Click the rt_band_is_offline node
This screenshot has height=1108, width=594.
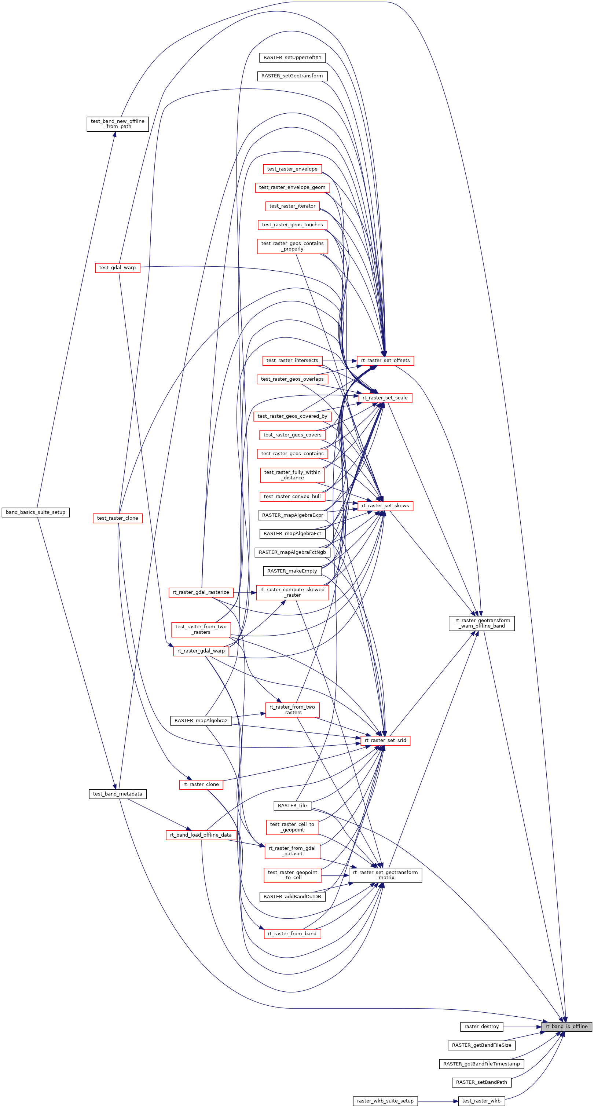pos(566,1026)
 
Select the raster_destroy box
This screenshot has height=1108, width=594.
pos(481,1026)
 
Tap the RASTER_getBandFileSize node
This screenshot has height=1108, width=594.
pos(481,1045)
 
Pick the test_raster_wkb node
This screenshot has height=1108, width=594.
pos(481,1101)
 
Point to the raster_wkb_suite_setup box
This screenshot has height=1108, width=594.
pos(385,1101)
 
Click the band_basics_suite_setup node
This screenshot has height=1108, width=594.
pos(36,512)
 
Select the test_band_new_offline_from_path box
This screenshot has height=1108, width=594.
pos(117,124)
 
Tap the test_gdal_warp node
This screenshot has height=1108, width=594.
pos(117,267)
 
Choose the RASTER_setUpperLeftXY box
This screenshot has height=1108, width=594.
pos(293,58)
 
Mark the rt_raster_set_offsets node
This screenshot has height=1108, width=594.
pos(385,361)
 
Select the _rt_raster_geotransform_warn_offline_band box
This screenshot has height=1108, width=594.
pos(481,623)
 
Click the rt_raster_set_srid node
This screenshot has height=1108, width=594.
pos(385,740)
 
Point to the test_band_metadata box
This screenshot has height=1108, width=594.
pos(117,794)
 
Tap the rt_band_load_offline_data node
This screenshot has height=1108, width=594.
pos(201,835)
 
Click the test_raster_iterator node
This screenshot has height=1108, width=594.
pos(293,206)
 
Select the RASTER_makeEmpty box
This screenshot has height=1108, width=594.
pos(293,571)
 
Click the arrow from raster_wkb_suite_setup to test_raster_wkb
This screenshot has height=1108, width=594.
pos(437,1101)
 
